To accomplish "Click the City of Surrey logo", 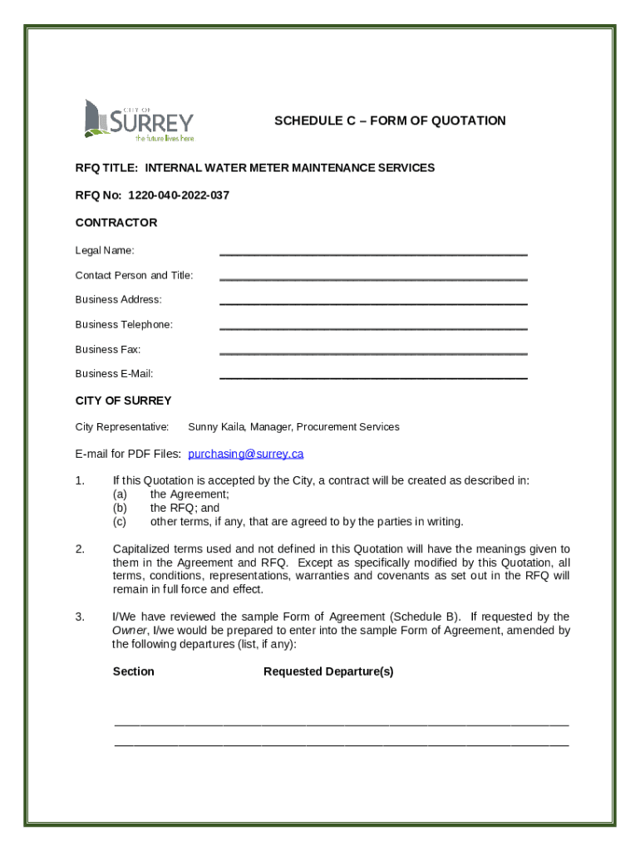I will tap(138, 121).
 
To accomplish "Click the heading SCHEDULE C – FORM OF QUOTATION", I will tap(390, 121).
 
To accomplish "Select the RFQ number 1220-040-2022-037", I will tap(178, 195).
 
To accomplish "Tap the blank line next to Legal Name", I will tap(372, 253).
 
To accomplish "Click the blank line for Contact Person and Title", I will tap(372, 278).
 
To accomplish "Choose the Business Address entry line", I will tap(372, 303).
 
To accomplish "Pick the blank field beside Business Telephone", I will tap(372, 327).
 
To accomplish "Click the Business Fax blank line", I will tap(372, 352).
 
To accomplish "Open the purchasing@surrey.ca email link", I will tap(245, 454).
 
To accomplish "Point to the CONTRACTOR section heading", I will tap(116, 223).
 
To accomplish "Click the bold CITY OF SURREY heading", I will tap(123, 401).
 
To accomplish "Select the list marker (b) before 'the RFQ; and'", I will tap(120, 508).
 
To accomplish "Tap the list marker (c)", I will tap(120, 522).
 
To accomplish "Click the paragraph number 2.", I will tap(80, 549).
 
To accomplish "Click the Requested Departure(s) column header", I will tap(328, 671).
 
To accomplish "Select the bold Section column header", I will tap(133, 671).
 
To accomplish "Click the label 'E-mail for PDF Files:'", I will tap(128, 454).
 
